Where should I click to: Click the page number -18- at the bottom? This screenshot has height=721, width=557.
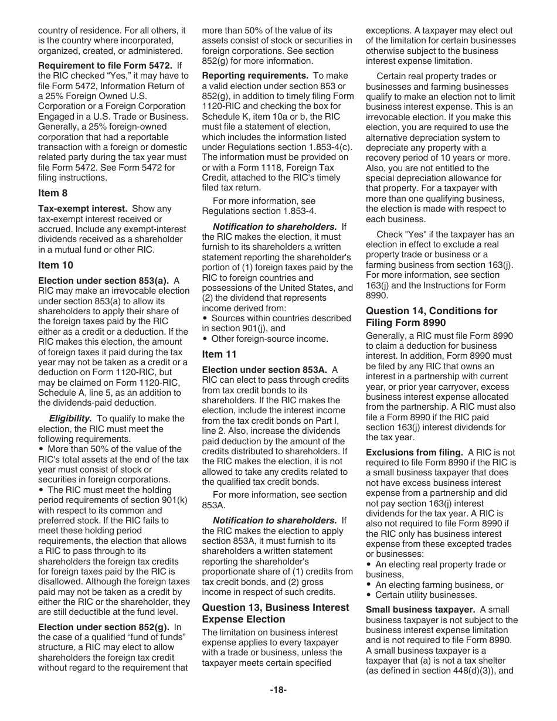click(278, 690)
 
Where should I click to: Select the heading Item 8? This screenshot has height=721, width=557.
click(49, 193)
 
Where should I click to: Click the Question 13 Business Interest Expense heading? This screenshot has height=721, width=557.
click(276, 613)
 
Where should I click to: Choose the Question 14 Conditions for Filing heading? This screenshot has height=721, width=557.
click(432, 317)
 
